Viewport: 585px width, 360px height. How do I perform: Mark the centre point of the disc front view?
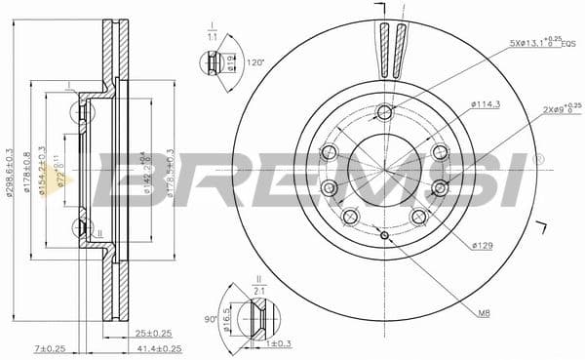click(386, 173)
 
